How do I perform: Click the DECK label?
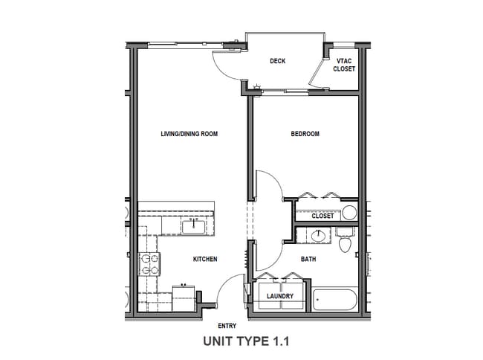(278, 61)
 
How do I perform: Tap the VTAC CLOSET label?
(345, 65)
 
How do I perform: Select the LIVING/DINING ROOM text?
(189, 134)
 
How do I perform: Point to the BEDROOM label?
(305, 134)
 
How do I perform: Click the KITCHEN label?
(205, 259)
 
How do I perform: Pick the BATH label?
(308, 259)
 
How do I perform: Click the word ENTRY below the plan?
(227, 326)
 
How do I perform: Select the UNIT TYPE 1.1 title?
(244, 341)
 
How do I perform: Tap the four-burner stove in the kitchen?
(149, 263)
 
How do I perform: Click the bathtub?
(334, 300)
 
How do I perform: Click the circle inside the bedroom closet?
(349, 213)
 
